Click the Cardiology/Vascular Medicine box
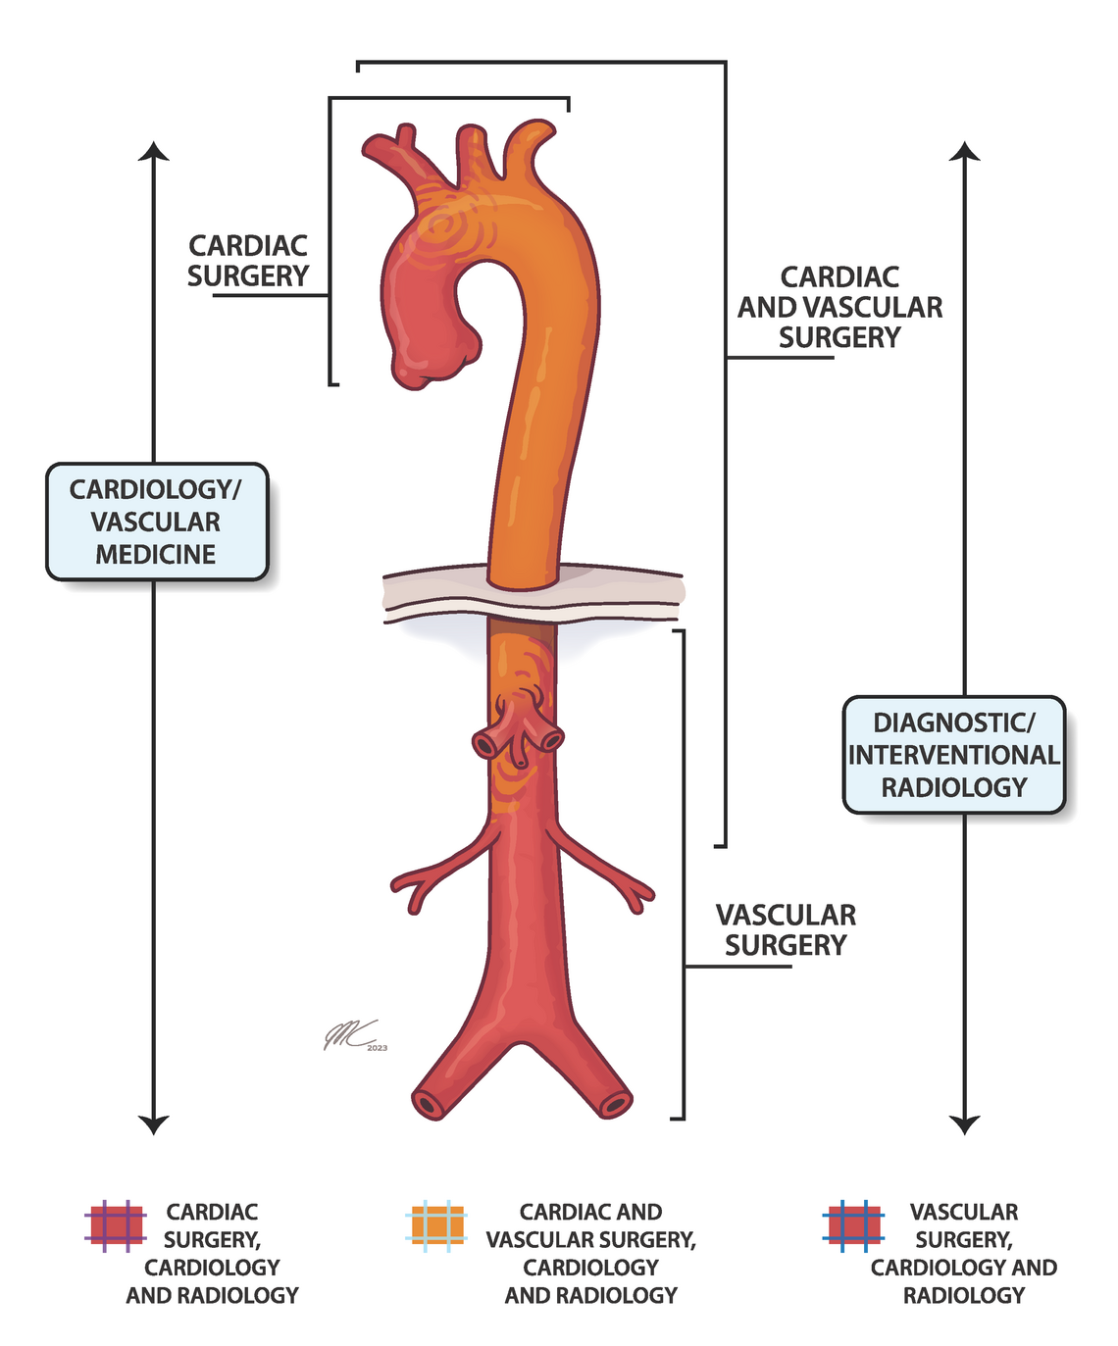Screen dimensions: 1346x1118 tap(157, 522)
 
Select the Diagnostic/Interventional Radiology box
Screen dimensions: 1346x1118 tap(953, 755)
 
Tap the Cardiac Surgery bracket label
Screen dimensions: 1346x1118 tap(248, 261)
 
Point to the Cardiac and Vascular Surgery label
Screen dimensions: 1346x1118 tap(839, 307)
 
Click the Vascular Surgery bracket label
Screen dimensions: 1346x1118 tap(786, 929)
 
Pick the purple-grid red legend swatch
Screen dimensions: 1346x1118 tap(116, 1226)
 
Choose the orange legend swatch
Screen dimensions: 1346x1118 tap(436, 1226)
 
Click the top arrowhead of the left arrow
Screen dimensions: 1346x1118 tap(154, 150)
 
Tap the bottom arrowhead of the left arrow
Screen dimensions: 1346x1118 tap(154, 1124)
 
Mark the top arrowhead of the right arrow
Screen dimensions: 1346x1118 tap(965, 150)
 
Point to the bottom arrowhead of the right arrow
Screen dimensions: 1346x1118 tap(965, 1124)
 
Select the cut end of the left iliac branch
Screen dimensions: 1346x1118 tap(429, 1103)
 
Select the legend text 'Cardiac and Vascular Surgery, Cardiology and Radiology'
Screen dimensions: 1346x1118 tap(590, 1254)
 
